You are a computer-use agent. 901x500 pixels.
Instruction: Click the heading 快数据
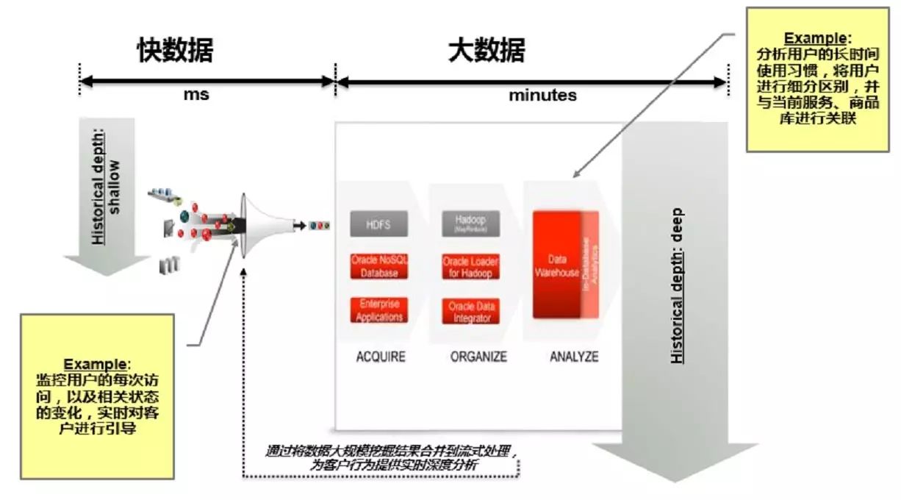pos(175,51)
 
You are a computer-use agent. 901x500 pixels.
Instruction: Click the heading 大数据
pos(487,51)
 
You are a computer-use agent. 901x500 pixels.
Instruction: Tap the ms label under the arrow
pos(196,95)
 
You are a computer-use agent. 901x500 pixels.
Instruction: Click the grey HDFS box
pos(379,224)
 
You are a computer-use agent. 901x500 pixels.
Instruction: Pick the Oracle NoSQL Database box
pos(379,266)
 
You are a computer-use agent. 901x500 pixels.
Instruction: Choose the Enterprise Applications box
pos(379,310)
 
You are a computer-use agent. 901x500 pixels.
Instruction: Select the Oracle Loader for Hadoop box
pos(470,267)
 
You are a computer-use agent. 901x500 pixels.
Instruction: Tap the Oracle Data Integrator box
pos(470,311)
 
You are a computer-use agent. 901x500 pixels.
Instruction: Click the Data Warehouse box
pos(557,265)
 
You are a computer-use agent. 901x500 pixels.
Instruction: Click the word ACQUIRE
pos(381,357)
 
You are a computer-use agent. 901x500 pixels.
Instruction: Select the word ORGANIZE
pos(478,357)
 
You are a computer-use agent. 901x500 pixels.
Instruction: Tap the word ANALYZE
pos(574,357)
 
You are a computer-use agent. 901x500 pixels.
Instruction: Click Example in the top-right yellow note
pos(808,38)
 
